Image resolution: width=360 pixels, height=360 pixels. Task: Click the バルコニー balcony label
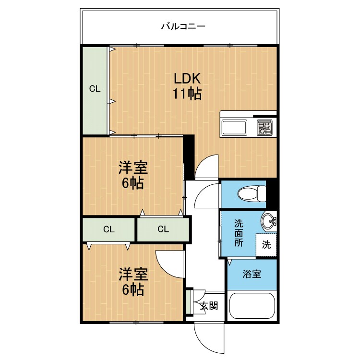(183, 26)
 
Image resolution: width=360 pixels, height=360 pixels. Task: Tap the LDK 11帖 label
(187, 86)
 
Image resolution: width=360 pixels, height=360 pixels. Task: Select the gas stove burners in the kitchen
(264, 128)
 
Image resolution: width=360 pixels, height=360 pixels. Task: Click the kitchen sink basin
(234, 128)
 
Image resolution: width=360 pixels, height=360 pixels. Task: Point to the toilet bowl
(252, 194)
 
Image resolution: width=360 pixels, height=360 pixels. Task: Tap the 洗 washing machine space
(266, 245)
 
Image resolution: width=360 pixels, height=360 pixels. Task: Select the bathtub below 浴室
(252, 306)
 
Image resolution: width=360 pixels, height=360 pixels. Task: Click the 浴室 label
(252, 274)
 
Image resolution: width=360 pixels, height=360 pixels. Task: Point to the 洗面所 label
(239, 233)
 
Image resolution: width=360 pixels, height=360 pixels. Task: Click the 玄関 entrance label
(209, 306)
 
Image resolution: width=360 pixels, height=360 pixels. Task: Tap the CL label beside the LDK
(95, 89)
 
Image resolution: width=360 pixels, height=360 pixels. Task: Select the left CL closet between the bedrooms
(108, 229)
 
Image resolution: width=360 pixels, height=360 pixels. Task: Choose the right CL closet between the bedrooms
(163, 229)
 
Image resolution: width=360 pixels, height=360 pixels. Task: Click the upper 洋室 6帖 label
(133, 175)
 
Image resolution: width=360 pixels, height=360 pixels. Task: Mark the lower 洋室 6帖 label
(133, 282)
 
